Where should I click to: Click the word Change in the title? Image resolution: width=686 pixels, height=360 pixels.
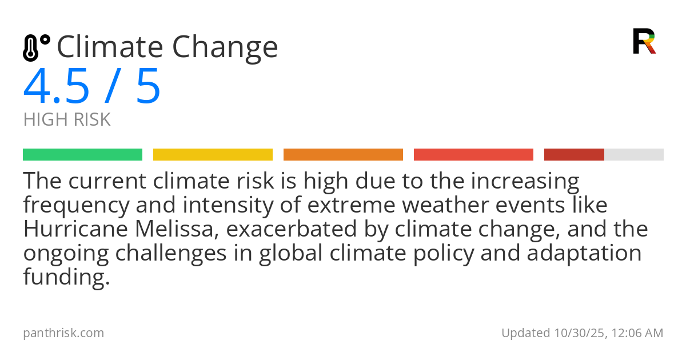coord(225,48)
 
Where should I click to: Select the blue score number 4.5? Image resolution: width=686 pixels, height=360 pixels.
coord(57,87)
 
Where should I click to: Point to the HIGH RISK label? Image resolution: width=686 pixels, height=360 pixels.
coord(67,119)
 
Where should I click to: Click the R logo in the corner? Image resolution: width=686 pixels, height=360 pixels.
coord(644,41)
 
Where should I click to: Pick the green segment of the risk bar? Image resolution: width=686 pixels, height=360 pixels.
coord(82,155)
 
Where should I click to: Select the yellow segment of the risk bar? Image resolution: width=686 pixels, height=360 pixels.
coord(213,155)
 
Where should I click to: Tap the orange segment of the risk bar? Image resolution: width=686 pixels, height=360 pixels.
coord(343,155)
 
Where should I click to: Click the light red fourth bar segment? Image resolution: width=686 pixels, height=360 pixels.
coord(473,155)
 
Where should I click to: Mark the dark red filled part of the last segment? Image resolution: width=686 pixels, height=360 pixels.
coord(574,155)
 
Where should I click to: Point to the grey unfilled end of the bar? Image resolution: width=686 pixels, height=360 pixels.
coord(634,155)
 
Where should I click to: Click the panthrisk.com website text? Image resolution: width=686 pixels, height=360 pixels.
coord(63,333)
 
